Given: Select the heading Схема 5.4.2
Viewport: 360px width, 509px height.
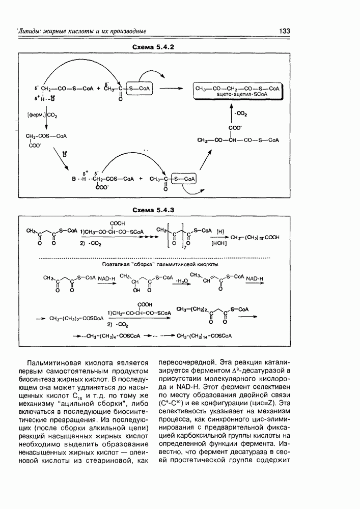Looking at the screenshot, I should [154, 47].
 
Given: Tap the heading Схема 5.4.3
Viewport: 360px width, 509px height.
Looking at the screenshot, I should [154, 210].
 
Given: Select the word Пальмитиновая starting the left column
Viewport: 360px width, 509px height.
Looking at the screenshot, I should [54, 362].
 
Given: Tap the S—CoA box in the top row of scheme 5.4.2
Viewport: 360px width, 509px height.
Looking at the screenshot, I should [137, 88].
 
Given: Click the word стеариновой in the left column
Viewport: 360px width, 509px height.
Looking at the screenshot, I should [114, 461].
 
